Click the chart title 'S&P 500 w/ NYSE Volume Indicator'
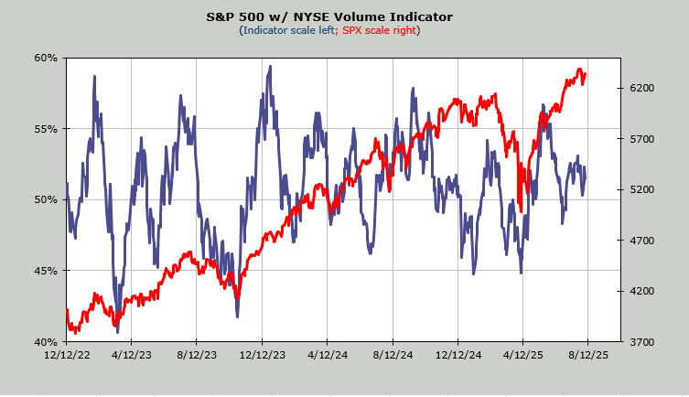coord(344,16)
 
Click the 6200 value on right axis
coord(641,88)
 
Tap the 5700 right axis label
coord(641,139)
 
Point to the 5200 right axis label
coord(641,189)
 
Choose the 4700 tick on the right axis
coord(641,241)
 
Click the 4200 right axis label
coord(641,291)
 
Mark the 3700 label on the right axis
coord(641,342)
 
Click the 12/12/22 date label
coord(67,354)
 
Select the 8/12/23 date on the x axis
coord(198,354)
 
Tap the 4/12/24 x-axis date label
coord(328,354)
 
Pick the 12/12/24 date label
coord(458,354)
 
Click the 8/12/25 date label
coord(587,354)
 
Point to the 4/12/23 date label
coord(132,354)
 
